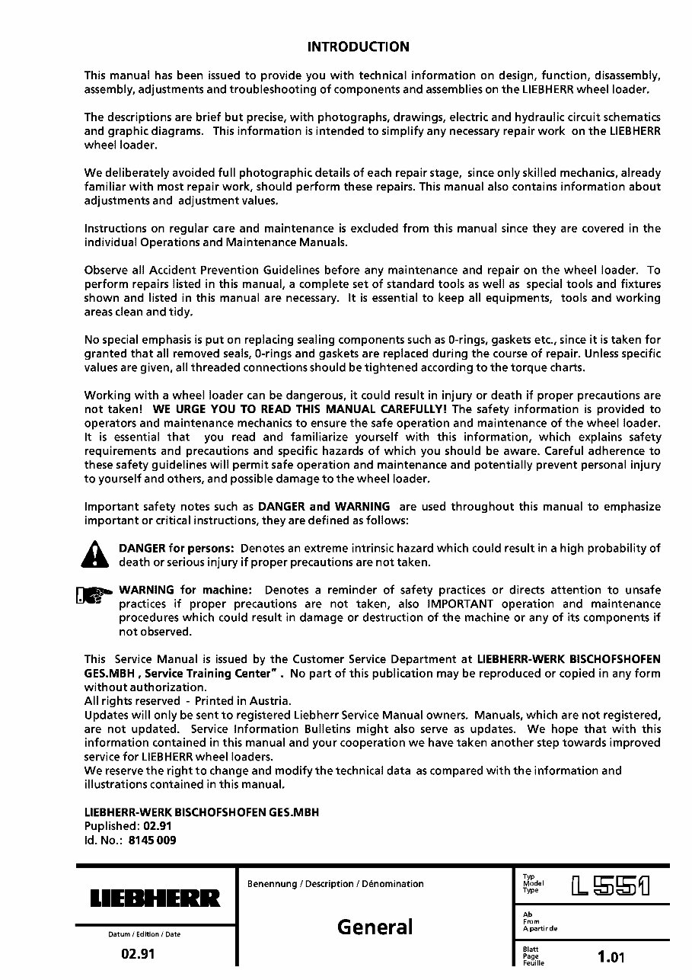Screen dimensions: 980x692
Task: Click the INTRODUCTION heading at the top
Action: tap(358, 47)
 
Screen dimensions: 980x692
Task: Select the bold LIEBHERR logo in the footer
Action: tap(155, 898)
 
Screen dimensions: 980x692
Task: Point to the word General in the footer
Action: tap(375, 927)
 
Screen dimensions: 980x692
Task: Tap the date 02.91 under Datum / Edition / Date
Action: tap(138, 954)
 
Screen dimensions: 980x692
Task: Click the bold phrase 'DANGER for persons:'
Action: tap(177, 549)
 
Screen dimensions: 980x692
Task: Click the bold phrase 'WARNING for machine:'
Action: tap(185, 591)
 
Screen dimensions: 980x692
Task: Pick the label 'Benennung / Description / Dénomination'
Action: tap(336, 884)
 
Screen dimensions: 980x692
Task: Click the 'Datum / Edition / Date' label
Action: tap(145, 934)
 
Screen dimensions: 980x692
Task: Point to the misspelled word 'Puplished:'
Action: tap(112, 827)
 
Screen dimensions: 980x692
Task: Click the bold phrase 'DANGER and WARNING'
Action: tap(324, 507)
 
